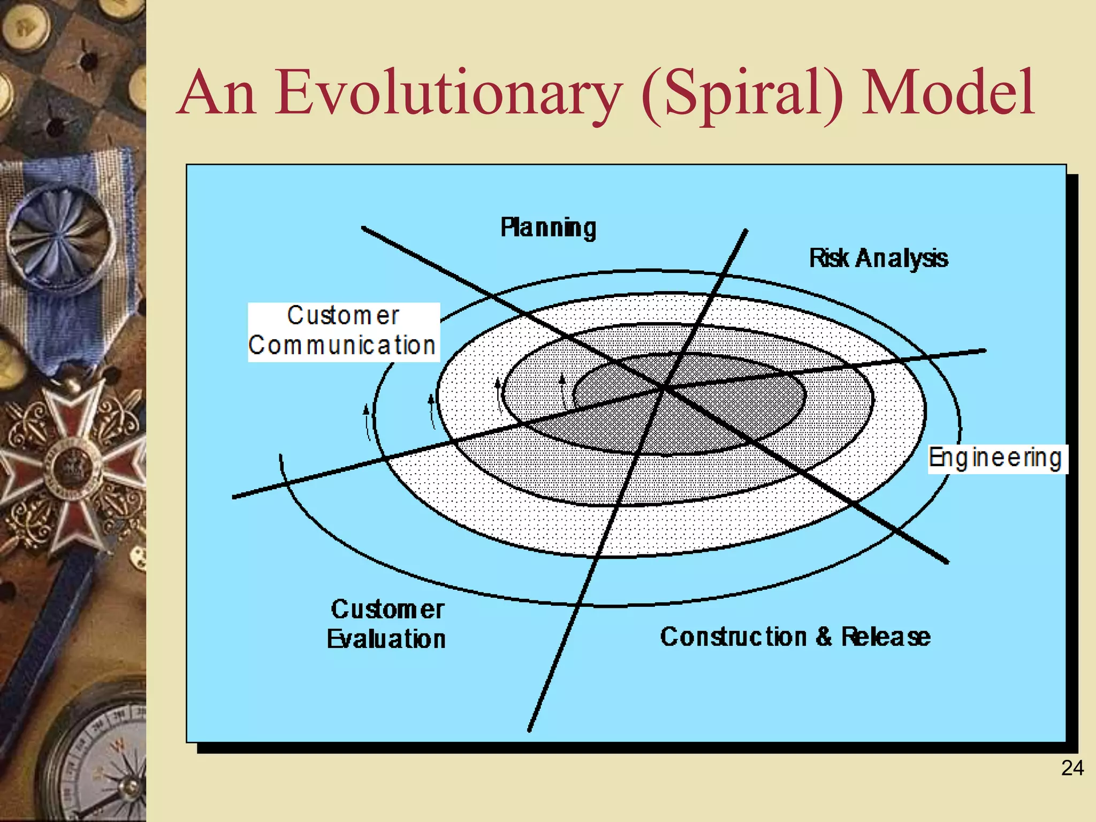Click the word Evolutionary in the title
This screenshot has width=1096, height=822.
448,94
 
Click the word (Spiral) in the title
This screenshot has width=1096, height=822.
742,94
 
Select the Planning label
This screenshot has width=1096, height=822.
548,228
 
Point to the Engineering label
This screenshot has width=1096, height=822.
995,459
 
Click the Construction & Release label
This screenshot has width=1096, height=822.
795,637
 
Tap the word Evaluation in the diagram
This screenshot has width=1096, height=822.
386,639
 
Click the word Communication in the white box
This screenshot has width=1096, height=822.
342,345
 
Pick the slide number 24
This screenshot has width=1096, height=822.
1072,768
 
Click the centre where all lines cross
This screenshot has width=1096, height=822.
665,386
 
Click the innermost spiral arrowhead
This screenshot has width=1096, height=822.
562,379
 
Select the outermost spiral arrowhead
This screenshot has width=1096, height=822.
366,410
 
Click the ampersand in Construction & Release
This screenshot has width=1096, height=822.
824,637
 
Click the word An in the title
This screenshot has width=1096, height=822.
217,94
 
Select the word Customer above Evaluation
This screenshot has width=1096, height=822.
387,609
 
